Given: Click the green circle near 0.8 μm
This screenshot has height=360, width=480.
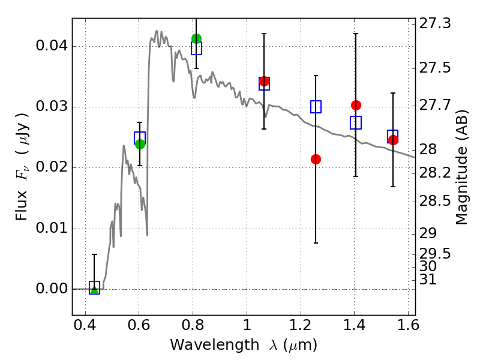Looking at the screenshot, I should click(x=196, y=38).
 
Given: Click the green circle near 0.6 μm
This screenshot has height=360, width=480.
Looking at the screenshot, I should click(x=140, y=144).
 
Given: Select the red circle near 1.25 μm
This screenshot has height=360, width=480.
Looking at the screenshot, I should click(x=316, y=159).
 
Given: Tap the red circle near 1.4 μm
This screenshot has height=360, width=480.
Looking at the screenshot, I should click(x=356, y=105).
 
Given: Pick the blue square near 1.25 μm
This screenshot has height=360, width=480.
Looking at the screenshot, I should click(x=316, y=107).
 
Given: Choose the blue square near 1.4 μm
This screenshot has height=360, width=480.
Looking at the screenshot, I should click(x=356, y=122).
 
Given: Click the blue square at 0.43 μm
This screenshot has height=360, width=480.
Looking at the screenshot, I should click(x=94, y=287).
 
